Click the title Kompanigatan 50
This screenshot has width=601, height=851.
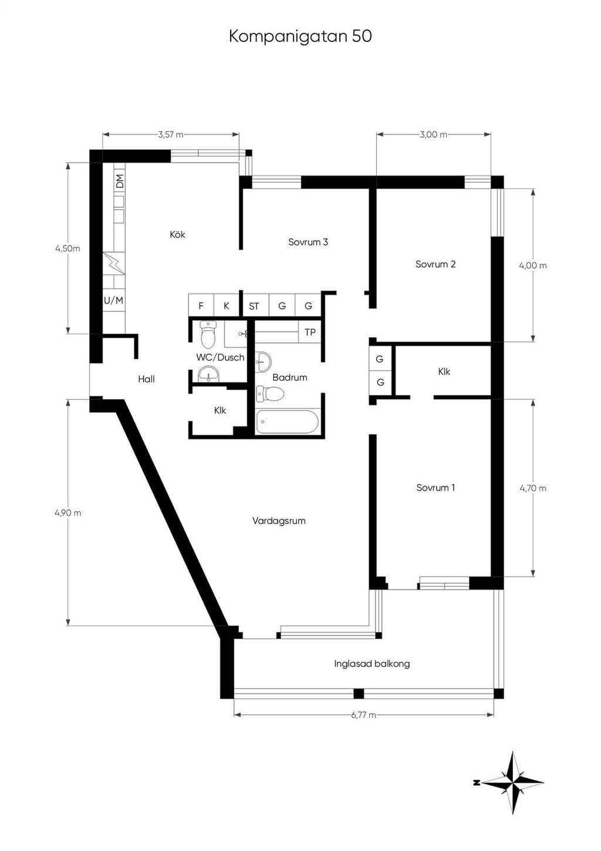(300, 37)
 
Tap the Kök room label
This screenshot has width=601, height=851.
(178, 234)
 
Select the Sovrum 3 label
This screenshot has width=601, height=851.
(308, 242)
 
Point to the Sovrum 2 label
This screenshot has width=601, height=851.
(435, 264)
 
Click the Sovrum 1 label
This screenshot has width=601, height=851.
(435, 487)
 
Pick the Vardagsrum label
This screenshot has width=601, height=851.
(279, 521)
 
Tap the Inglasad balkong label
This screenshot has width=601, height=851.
(372, 664)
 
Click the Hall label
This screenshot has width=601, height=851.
(147, 379)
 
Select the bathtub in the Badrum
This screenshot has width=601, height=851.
(287, 421)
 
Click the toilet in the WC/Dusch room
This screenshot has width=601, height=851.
(208, 335)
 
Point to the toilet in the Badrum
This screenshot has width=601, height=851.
(271, 393)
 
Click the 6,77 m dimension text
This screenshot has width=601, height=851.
(364, 715)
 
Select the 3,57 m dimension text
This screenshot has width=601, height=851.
(171, 134)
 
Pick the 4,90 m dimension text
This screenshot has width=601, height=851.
(68, 513)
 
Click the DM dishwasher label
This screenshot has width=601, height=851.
(120, 181)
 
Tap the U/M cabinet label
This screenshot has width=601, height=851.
(114, 301)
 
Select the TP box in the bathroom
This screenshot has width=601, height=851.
(310, 332)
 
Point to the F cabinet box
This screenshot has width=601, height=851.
(201, 305)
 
